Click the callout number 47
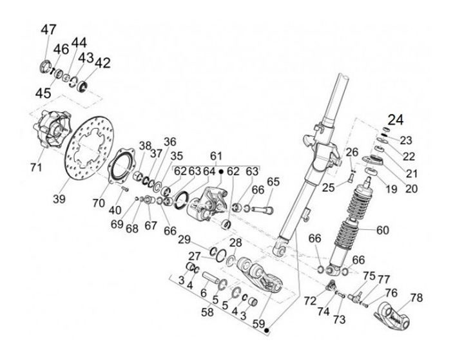tap(48, 30)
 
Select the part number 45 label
tap(43, 93)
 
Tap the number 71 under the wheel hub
tap(35, 167)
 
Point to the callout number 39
tap(59, 200)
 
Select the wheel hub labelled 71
tap(49, 132)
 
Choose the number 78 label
tap(416, 298)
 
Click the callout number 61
tap(215, 156)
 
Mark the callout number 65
tap(273, 182)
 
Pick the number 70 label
tap(98, 203)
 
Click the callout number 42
tap(102, 63)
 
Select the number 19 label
tap(390, 189)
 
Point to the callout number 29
tap(184, 240)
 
